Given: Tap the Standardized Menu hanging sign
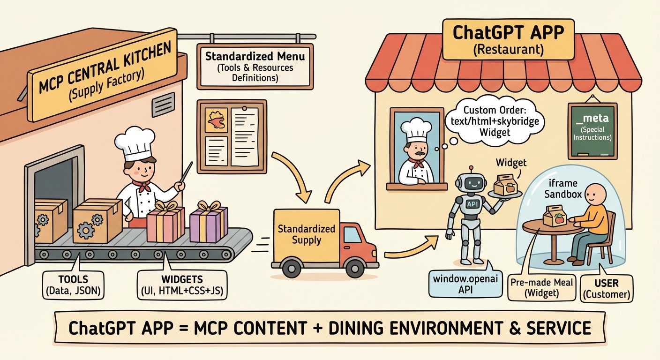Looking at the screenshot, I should click(255, 67).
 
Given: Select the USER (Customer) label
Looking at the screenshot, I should click(607, 288).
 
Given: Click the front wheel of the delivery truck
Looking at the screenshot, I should click(292, 268).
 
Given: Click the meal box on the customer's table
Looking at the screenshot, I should click(555, 216).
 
